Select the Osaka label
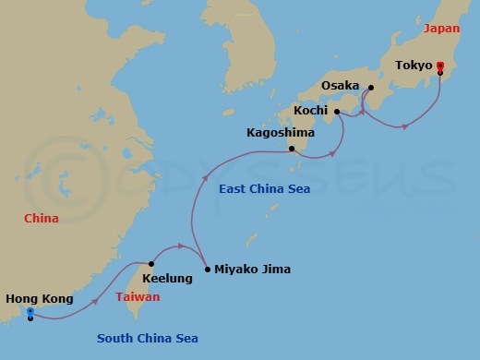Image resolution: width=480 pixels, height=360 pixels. point(341,86)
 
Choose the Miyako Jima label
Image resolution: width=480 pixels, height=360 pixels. point(252,270)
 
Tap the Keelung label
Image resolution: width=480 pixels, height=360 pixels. point(168,278)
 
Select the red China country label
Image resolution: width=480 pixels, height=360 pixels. point(42,219)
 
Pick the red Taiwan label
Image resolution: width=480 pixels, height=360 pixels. point(138,297)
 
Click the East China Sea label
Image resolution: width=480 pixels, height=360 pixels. point(264,189)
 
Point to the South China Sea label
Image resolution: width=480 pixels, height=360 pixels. point(148,338)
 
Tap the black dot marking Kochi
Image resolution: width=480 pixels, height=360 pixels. point(338,112)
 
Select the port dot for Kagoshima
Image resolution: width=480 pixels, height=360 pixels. point(291,149)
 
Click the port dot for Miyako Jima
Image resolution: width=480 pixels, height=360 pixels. point(207,270)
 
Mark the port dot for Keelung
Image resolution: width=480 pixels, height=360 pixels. point(151,264)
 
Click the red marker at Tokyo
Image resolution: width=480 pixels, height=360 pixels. point(440,66)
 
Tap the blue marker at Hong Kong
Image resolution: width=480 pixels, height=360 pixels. point(30,313)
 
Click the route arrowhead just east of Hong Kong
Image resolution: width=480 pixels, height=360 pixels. point(95,301)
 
